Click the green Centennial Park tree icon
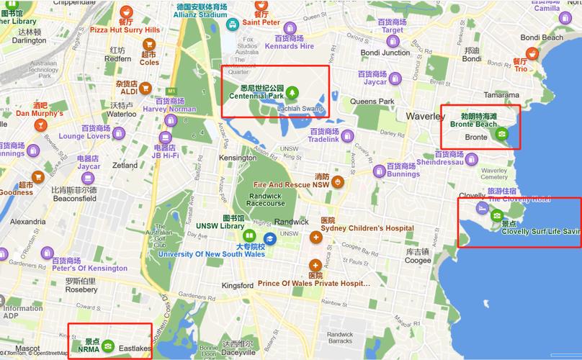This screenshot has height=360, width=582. [x=292, y=92]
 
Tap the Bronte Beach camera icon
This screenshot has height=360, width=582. [x=502, y=133]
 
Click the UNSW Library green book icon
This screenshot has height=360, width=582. [x=249, y=235]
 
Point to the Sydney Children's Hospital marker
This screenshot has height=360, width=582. [x=315, y=237]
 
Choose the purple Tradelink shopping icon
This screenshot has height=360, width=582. [x=347, y=135]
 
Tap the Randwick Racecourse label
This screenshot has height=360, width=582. [x=266, y=198]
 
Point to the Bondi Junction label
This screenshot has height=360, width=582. [x=385, y=53]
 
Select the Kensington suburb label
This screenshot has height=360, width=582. [x=237, y=158]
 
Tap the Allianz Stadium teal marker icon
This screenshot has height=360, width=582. [x=233, y=24]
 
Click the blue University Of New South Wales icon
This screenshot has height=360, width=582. [x=269, y=238]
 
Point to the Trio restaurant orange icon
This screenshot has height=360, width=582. [x=532, y=53]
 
